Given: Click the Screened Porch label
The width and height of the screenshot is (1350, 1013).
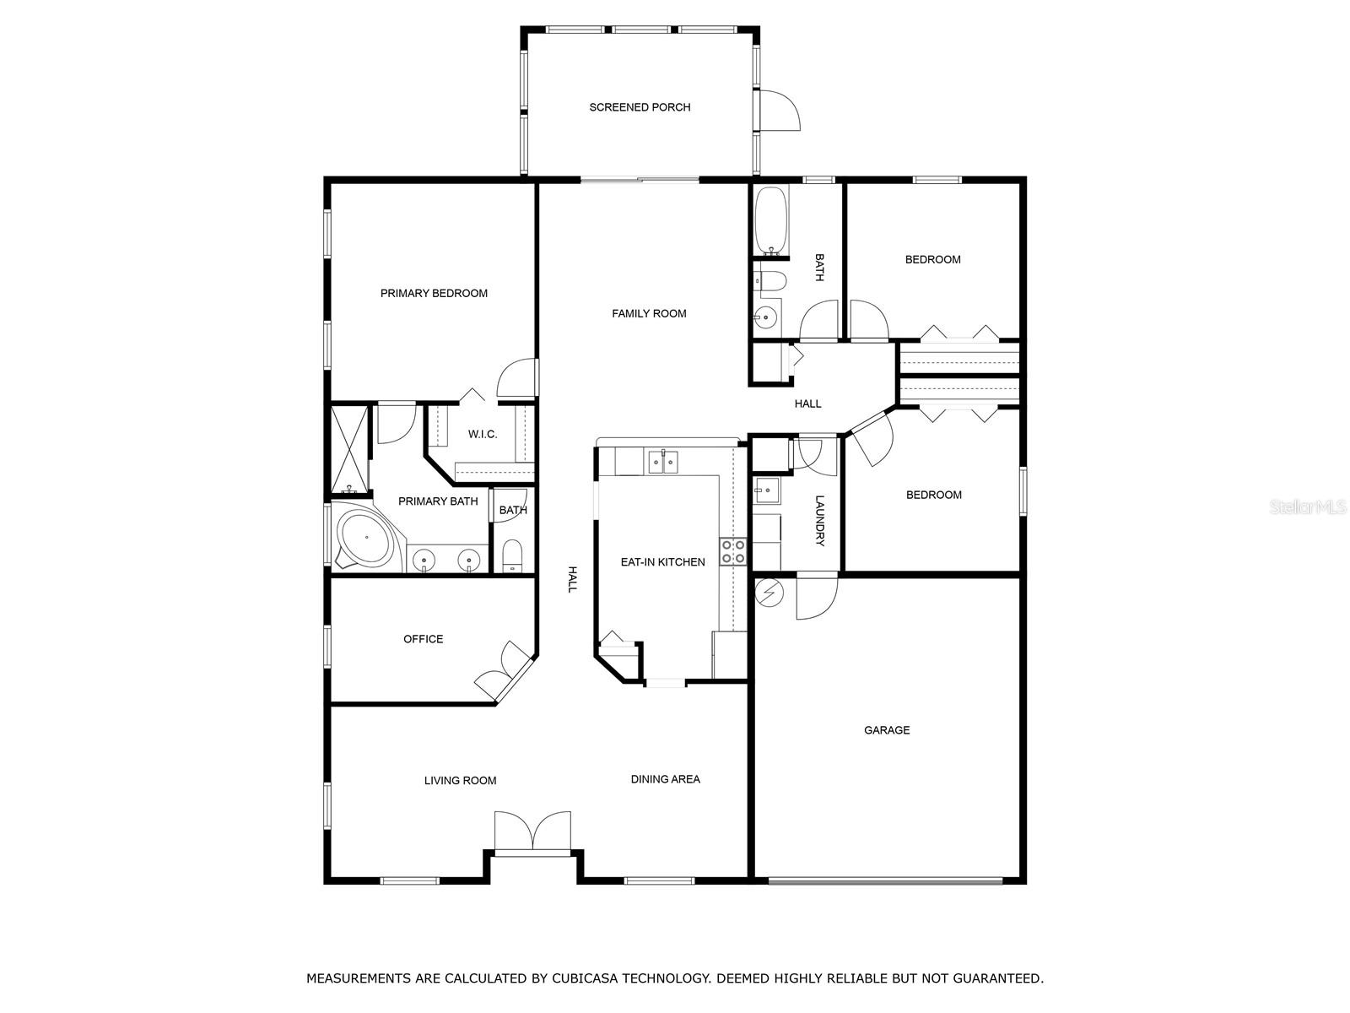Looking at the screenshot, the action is (x=640, y=107).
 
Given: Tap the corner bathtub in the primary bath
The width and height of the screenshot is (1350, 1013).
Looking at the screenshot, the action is (x=366, y=538).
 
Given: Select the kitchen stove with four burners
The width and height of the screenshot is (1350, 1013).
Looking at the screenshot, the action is (x=732, y=551).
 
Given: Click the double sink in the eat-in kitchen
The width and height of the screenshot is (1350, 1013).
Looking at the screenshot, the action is (x=663, y=461).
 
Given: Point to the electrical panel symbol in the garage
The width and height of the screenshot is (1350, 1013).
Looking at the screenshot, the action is (x=768, y=593).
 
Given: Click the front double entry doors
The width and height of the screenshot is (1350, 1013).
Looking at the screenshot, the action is (x=532, y=833).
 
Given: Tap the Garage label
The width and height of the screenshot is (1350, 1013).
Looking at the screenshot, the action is (x=886, y=730).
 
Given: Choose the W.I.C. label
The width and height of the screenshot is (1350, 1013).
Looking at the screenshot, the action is (x=483, y=434).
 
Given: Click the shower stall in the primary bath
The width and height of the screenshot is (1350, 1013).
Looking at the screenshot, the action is (x=350, y=449).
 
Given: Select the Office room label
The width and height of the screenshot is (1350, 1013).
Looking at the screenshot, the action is (x=424, y=639).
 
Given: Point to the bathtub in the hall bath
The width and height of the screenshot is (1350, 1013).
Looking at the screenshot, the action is (x=770, y=221).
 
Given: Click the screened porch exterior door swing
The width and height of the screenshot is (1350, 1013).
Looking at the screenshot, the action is (x=780, y=111).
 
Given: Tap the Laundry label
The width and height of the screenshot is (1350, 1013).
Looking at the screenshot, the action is (x=819, y=521).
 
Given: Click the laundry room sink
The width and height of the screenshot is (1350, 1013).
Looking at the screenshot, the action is (x=766, y=490).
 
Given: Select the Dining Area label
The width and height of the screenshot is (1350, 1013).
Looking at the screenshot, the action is (x=666, y=779).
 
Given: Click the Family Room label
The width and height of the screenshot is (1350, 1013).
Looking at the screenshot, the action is (x=649, y=314).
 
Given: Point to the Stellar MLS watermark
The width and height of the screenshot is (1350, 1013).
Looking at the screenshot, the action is (x=1308, y=507).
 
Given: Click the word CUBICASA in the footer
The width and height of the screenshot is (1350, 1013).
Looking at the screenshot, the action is (x=580, y=978).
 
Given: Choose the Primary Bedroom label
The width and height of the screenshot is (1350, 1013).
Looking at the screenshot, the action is (x=434, y=294).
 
